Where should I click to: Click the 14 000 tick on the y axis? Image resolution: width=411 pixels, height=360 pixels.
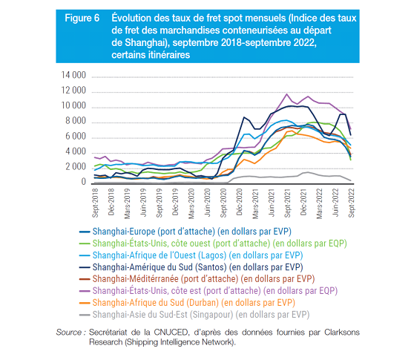coord(73,75)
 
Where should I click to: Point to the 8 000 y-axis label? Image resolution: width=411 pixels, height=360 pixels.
coord(76,121)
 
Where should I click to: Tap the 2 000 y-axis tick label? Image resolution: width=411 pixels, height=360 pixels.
coord(76,167)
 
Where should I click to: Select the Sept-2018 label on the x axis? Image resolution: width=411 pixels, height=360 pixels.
coord(95,203)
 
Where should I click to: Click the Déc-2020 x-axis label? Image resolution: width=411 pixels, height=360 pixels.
coord(239,202)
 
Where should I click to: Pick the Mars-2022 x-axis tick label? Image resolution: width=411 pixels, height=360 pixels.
coord(319,203)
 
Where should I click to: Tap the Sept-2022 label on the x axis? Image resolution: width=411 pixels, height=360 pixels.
coord(351,203)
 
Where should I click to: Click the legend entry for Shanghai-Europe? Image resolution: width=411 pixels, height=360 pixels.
coord(192,232)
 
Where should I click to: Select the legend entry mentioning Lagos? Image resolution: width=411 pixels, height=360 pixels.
coord(197,255)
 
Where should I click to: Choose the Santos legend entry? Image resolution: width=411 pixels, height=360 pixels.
coord(197,267)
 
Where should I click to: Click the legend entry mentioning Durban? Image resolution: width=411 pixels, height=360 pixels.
coord(194,303)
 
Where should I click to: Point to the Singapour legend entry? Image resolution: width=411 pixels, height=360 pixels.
coord(201,315)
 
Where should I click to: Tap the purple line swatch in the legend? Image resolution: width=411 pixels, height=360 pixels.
coord(85,291)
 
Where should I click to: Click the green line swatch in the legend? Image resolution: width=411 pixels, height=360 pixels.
coord(85,244)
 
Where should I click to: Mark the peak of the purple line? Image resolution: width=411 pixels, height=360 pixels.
coord(287,94)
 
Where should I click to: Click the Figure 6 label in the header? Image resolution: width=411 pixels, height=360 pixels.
coord(82,18)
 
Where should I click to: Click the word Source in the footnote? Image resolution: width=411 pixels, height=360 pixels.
coord(69,333)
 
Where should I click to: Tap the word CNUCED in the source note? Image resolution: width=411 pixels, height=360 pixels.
coord(171,333)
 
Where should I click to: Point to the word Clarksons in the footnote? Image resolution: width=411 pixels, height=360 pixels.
coord(342,333)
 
